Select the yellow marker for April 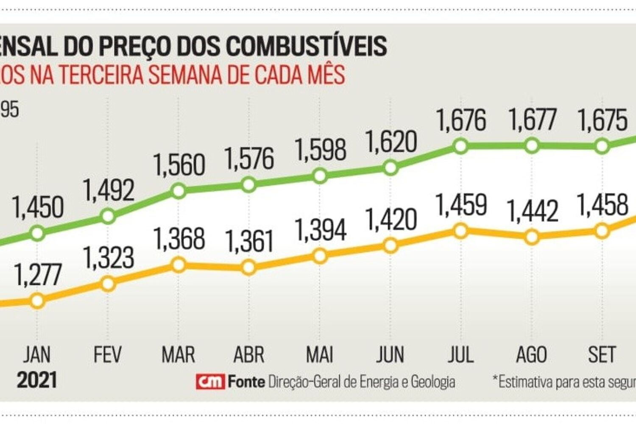coord(249,268)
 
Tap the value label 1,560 coord(179,165)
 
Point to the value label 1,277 coord(38,275)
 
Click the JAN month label coord(37,354)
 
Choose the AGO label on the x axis coord(531,354)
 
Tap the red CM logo coord(210,382)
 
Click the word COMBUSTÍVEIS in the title coord(306,46)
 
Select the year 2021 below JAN coord(37,380)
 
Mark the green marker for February coord(108,217)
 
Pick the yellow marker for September coord(602,231)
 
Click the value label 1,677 coord(532,120)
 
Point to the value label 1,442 coord(532,211)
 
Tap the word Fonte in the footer coord(246,382)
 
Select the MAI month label coord(320,354)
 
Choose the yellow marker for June coord(390,245)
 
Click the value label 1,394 coord(321,230)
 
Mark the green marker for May coord(320,176)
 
